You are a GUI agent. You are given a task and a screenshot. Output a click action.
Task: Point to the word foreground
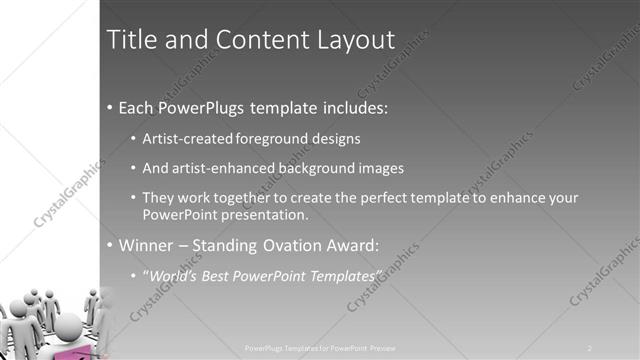pos(275,138)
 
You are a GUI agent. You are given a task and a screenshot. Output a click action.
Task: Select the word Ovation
pos(307,244)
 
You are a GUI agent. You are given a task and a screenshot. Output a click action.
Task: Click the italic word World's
pos(175,274)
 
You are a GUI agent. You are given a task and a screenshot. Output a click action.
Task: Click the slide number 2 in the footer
pos(590,347)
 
